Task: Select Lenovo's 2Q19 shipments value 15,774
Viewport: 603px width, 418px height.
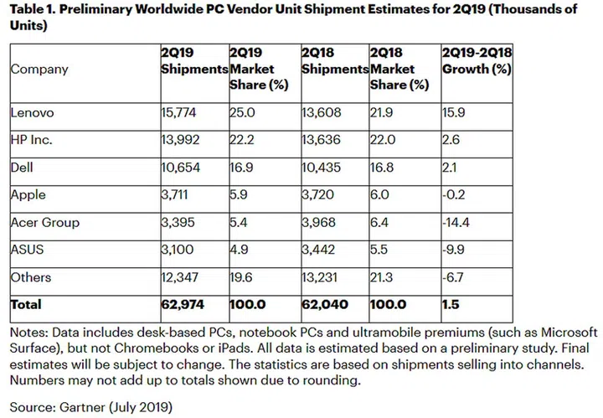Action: tap(181, 111)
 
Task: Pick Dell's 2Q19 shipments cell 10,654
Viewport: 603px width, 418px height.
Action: tap(181, 167)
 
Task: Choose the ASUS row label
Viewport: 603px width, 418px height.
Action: tap(28, 250)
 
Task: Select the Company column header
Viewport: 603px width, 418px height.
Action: tap(39, 69)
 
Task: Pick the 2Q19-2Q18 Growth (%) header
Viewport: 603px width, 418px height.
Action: tap(477, 61)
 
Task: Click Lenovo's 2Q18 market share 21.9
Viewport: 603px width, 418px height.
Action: tap(384, 111)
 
